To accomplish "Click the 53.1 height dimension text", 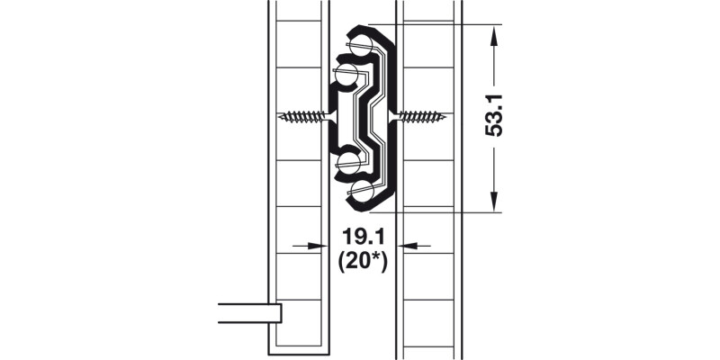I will click(492, 117).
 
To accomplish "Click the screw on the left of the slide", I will click(303, 116).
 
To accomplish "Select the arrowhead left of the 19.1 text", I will click(315, 245).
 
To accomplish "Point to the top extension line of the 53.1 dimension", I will click(441, 24).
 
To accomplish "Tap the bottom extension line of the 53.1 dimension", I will click(441, 212).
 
